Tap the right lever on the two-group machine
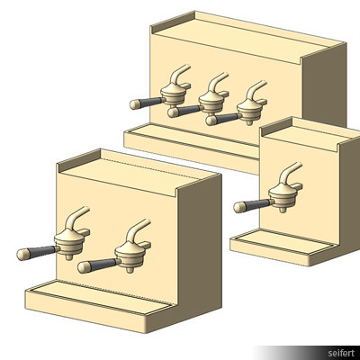pos(139,230)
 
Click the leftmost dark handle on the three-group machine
pos(143,102)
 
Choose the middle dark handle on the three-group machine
pos(184,111)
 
